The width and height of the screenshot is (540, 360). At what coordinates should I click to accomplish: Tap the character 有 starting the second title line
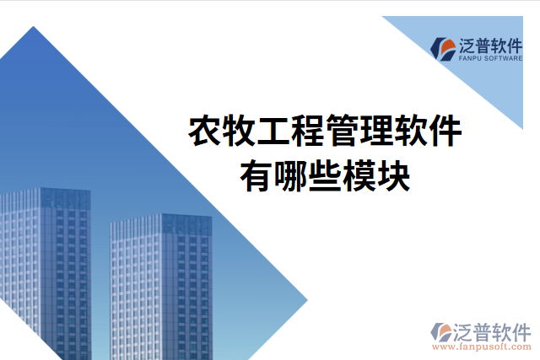tap(256, 176)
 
